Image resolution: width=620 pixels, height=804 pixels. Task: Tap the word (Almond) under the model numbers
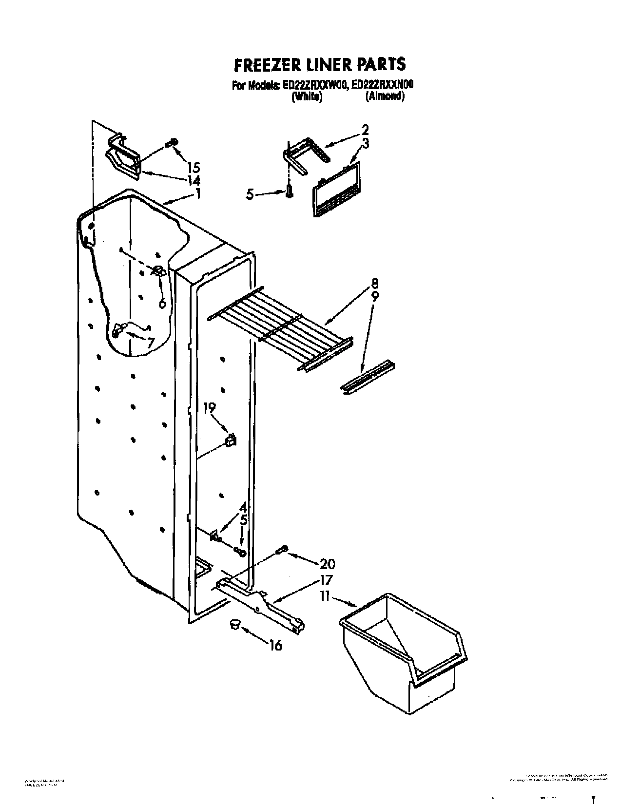point(385,96)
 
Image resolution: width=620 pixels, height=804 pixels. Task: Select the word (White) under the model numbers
point(307,97)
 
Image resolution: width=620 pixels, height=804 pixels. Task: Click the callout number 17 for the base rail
point(325,580)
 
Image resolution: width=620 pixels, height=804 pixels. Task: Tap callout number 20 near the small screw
point(328,564)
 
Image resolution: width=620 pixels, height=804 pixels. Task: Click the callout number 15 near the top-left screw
point(193,167)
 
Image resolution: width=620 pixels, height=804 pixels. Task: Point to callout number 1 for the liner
point(198,193)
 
